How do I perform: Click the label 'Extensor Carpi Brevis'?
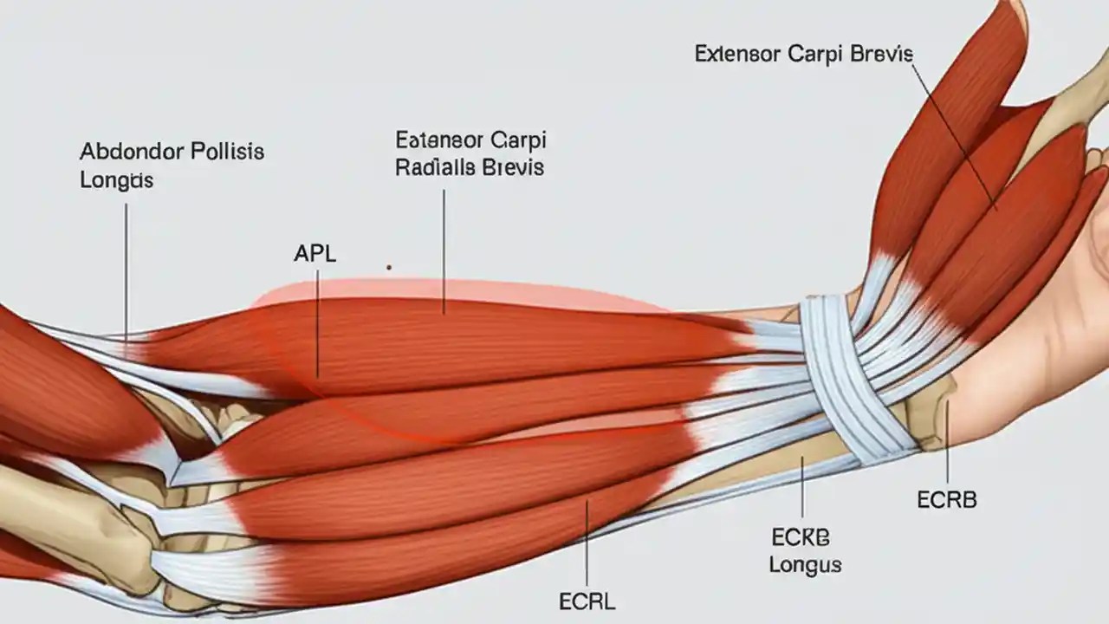(803, 54)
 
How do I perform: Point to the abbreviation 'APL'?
(315, 254)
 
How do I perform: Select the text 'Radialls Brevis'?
(470, 167)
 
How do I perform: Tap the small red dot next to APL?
(389, 268)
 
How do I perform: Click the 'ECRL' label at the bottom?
(587, 601)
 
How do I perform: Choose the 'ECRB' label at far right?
(946, 500)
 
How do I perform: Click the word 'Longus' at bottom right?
(805, 565)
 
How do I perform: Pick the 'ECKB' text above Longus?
(800, 537)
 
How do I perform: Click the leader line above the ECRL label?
(587, 537)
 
